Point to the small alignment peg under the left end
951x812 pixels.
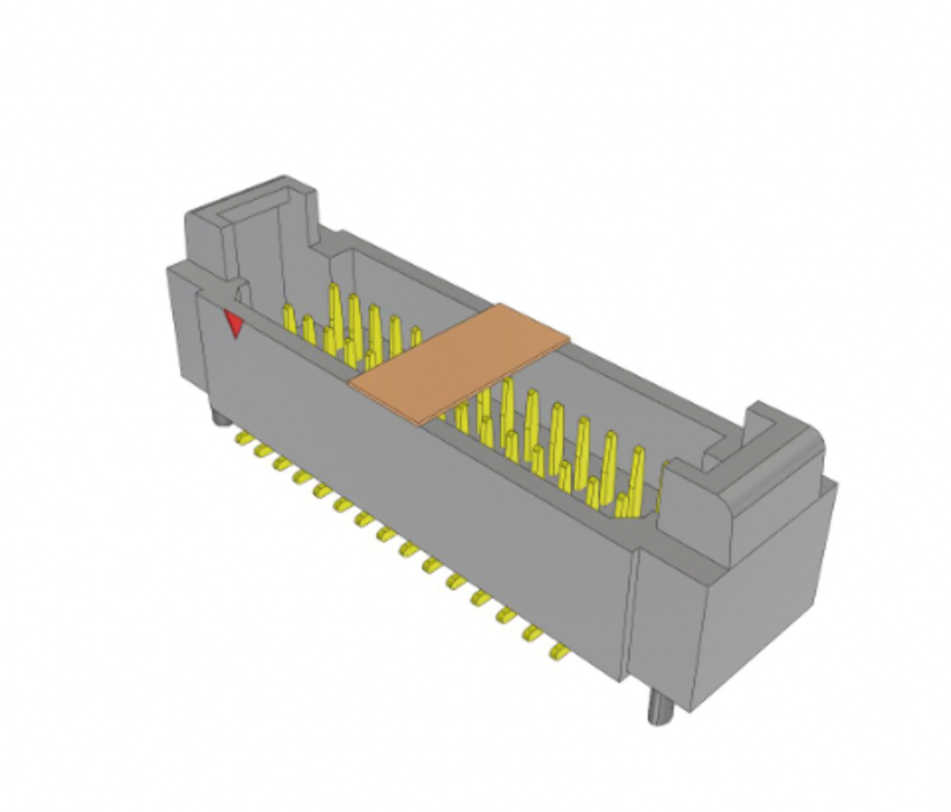click(x=219, y=418)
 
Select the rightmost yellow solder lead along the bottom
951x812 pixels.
click(x=559, y=651)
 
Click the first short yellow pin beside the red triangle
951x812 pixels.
click(x=289, y=319)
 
